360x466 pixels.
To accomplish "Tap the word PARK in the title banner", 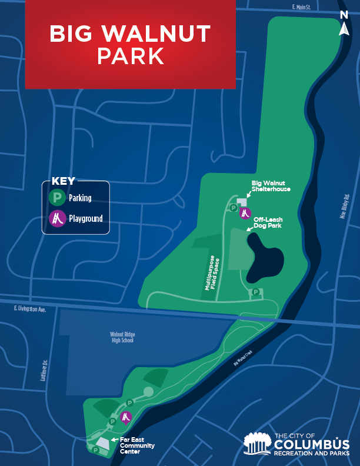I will coord(131,56).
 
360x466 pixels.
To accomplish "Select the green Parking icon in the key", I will coord(57,198).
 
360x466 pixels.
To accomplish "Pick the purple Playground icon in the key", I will coord(57,219).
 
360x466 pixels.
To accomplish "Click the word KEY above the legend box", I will coord(64,181).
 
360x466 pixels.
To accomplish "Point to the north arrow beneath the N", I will coord(344,29).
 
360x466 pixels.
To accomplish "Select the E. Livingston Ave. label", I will coord(29,308).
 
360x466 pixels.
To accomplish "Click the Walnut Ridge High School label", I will coord(122,337).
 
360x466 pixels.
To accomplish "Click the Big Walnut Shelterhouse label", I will coord(271,186).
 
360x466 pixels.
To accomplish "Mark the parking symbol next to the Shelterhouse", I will coord(233,207).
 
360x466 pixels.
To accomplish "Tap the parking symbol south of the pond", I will coord(256,292).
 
